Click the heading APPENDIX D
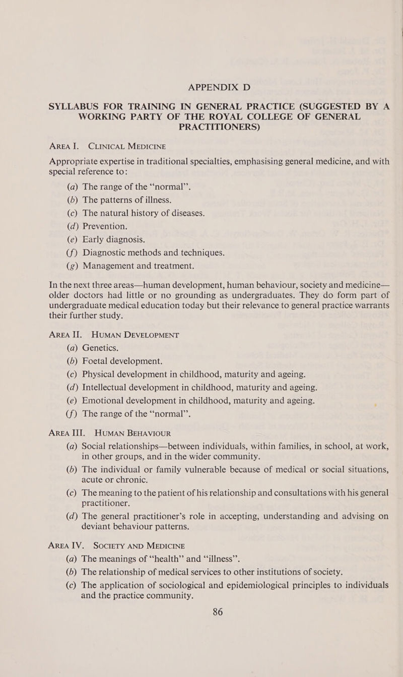pos(201,87)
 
